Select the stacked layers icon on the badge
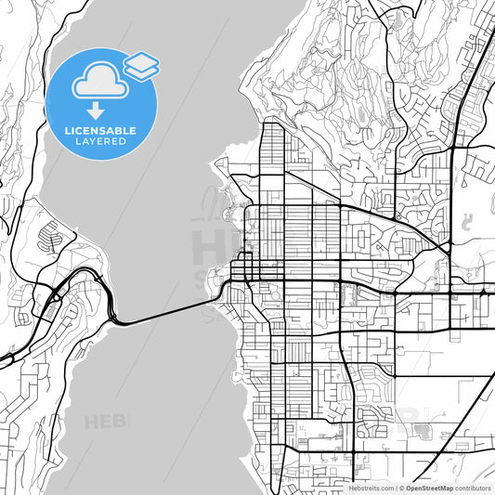click(141, 64)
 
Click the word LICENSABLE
click(101, 131)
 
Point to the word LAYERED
click(101, 144)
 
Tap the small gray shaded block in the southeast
click(423, 430)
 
